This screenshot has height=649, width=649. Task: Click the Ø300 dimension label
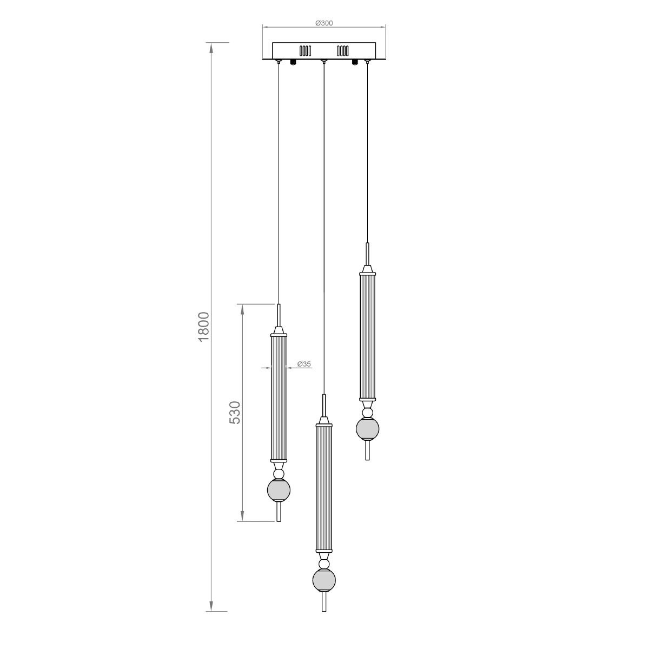323,23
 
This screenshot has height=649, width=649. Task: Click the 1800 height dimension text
204,327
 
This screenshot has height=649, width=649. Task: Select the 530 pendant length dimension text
235,412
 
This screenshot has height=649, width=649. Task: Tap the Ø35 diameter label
304,364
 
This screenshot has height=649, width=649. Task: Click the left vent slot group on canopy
305,51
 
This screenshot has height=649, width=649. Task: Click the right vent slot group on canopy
342,51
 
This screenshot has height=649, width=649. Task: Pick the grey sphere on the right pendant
367,429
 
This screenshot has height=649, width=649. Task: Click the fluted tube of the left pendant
279,399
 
